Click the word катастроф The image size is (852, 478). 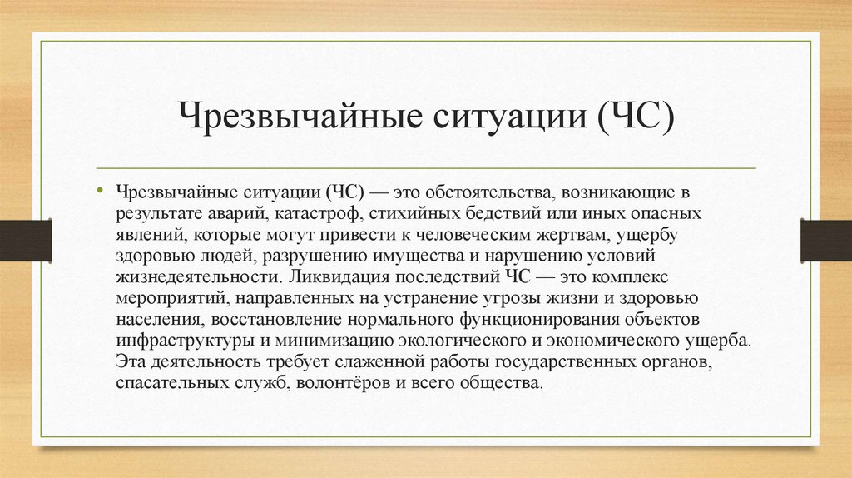coord(320,214)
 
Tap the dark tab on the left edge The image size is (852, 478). coord(25,239)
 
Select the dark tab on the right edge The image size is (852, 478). coord(826,239)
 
